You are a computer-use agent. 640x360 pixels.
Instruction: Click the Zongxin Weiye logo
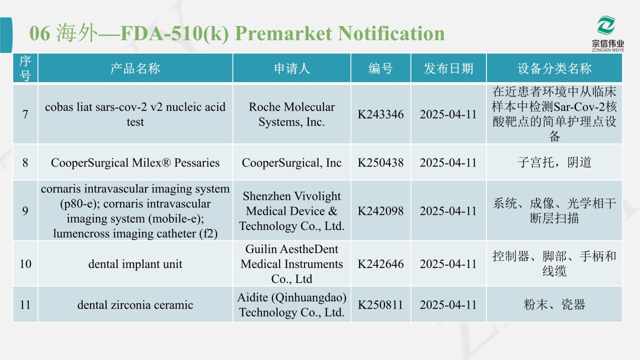click(607, 33)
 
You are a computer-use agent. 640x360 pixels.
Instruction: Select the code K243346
click(380, 114)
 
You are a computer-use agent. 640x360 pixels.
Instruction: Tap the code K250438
click(380, 162)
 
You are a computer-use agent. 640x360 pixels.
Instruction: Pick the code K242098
click(380, 211)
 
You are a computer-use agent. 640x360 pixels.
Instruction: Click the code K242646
click(380, 263)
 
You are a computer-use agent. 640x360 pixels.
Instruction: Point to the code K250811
click(380, 304)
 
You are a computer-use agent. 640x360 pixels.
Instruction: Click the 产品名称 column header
click(135, 68)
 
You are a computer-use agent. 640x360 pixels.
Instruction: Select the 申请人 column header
click(291, 68)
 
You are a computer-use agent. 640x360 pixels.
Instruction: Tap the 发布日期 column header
click(448, 68)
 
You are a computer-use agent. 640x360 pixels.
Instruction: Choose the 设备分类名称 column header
click(554, 68)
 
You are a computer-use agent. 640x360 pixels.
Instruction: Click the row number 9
click(25, 211)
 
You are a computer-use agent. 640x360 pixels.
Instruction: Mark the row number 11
click(25, 304)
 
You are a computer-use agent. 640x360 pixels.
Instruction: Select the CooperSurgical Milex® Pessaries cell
click(135, 163)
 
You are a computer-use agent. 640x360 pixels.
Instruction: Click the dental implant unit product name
click(135, 264)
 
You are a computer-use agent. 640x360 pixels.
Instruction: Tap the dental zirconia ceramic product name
click(135, 305)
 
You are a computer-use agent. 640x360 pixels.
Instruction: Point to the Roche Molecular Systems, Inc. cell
click(291, 114)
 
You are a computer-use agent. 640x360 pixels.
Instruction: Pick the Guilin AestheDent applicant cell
click(291, 263)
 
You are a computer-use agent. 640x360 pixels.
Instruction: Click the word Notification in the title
click(391, 33)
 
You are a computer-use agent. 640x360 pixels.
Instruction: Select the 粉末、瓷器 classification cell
click(554, 304)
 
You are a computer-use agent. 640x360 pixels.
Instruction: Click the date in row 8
click(448, 162)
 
